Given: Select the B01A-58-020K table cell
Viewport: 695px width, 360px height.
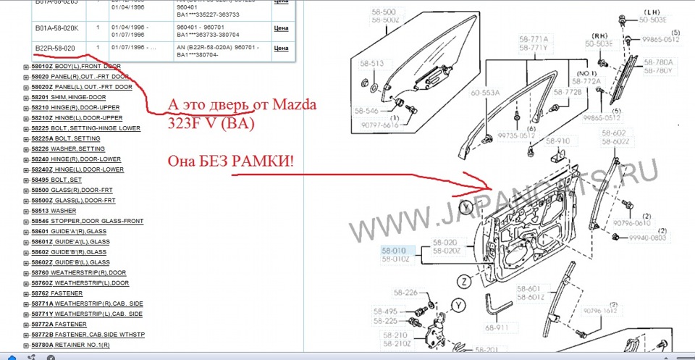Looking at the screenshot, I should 57,28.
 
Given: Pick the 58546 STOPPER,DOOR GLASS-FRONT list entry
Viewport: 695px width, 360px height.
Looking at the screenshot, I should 87,221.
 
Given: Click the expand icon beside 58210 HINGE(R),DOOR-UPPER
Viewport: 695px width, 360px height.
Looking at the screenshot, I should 26,107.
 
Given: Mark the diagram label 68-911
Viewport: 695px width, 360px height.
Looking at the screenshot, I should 497,327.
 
